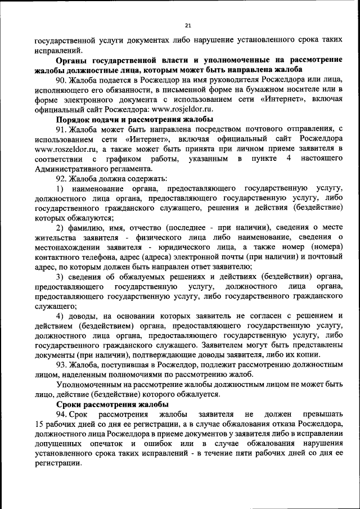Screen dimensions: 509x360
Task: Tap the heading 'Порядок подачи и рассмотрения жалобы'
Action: click(134, 120)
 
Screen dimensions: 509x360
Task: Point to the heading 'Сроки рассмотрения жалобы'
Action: click(112, 404)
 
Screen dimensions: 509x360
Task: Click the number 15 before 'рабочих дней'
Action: click(39, 425)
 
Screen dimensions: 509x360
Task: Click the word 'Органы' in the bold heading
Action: click(74, 61)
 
